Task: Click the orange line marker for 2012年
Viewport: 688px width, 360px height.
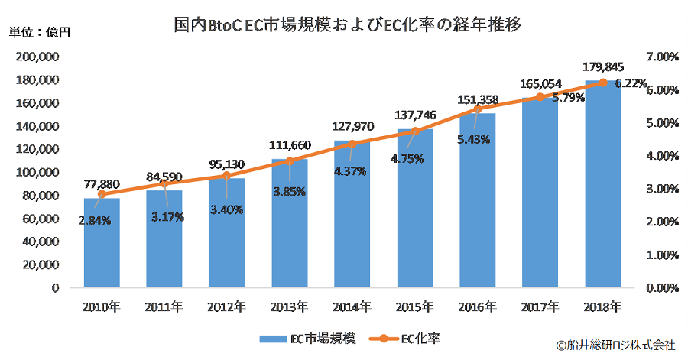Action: (x=227, y=176)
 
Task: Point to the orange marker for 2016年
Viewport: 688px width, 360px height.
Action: (x=478, y=109)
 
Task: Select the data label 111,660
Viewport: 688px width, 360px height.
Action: (x=290, y=145)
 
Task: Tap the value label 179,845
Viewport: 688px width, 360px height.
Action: (x=603, y=66)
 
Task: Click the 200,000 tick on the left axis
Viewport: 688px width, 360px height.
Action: (x=38, y=57)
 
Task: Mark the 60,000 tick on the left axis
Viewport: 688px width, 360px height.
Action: (x=41, y=219)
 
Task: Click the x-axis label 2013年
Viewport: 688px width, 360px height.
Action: (x=290, y=307)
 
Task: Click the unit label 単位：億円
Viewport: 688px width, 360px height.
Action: (x=39, y=32)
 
